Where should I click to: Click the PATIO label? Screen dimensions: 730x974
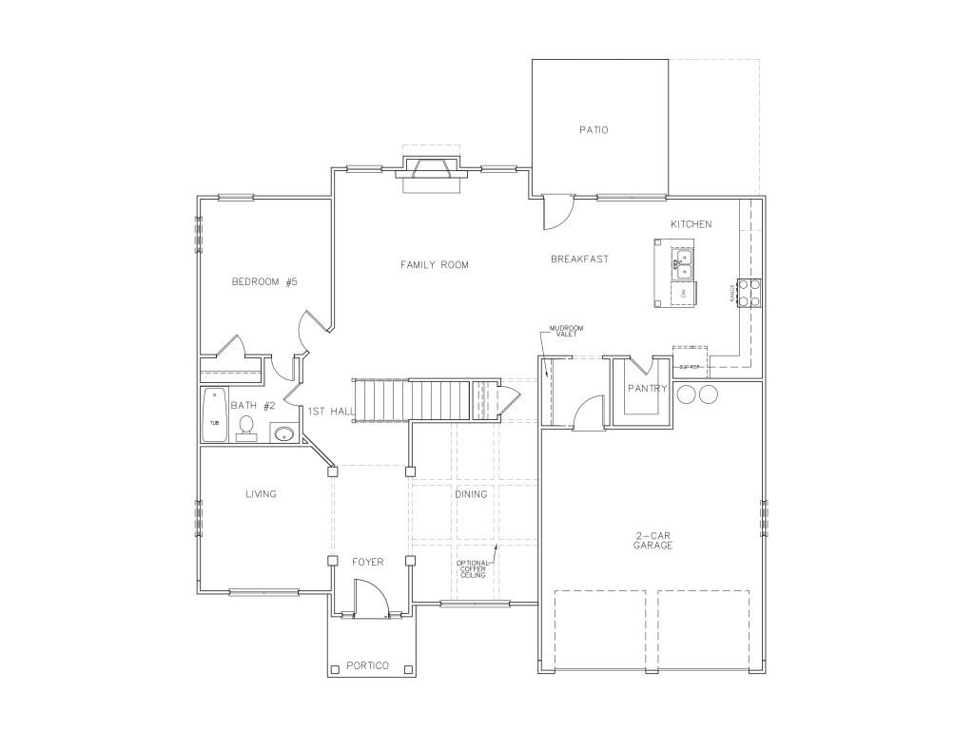(594, 130)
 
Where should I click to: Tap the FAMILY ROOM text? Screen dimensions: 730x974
(434, 264)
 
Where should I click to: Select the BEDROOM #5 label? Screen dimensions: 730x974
(265, 281)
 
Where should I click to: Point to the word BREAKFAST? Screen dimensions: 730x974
(579, 259)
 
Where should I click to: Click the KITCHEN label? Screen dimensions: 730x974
(691, 224)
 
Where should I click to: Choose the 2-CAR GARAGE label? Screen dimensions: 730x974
(653, 541)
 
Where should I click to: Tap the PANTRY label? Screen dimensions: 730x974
(648, 389)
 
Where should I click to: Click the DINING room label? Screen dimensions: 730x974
(471, 494)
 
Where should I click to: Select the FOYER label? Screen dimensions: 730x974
(368, 562)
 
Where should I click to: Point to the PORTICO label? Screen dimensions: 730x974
(367, 664)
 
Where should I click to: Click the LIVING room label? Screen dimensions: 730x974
(261, 494)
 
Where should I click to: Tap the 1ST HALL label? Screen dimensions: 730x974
(331, 411)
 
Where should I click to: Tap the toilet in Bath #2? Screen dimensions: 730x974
(246, 427)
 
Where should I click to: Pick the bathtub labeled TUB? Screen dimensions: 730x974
(213, 414)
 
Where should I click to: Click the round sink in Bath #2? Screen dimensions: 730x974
(282, 434)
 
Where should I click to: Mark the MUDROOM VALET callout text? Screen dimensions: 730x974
(566, 332)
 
